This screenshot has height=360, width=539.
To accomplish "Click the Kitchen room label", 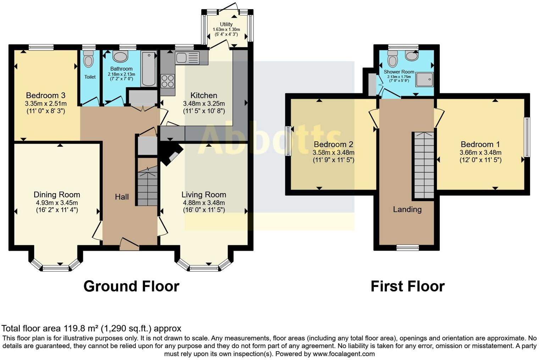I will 204,95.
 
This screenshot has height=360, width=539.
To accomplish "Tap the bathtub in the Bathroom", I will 149,69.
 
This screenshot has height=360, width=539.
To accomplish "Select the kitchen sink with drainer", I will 187,58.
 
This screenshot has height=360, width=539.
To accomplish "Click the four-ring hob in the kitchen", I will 168,81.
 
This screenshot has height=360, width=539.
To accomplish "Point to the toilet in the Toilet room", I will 89,59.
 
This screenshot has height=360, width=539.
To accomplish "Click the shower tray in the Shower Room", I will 424,79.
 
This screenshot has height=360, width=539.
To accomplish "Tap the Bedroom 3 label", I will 46,95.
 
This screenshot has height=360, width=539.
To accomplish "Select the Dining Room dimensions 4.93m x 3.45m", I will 57,203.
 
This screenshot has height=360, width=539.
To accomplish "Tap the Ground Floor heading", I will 131,286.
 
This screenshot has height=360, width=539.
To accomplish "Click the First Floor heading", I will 407,286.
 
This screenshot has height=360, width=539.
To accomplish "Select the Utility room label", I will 226,24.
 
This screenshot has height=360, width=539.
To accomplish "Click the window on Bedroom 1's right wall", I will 527,137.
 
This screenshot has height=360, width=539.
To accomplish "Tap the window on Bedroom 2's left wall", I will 288,141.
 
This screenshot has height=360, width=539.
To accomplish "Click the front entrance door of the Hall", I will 129,244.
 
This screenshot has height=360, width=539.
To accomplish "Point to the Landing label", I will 407,209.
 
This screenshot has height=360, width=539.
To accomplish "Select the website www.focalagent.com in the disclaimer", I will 344,354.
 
